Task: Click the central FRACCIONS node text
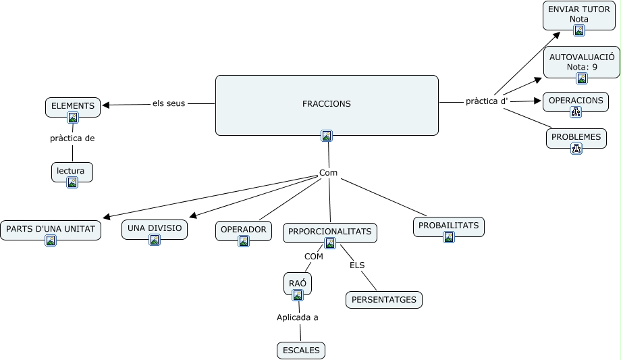[327, 104]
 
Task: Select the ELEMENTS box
[73, 106]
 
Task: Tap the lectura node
[72, 171]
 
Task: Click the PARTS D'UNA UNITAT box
[51, 229]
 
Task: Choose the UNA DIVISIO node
[155, 228]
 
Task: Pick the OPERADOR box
[244, 230]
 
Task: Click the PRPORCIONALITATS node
[329, 232]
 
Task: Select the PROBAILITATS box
[449, 226]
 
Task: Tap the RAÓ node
[298, 283]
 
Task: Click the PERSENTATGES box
[384, 299]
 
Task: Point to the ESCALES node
[301, 350]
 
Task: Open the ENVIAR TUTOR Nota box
[579, 14]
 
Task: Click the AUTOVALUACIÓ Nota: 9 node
[581, 61]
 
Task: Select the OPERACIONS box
[576, 101]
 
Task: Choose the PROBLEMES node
[576, 137]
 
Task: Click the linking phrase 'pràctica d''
[487, 101]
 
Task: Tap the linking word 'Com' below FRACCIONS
[328, 173]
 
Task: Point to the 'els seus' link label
[169, 103]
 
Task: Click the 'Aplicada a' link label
[298, 317]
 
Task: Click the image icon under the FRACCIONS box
[327, 136]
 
